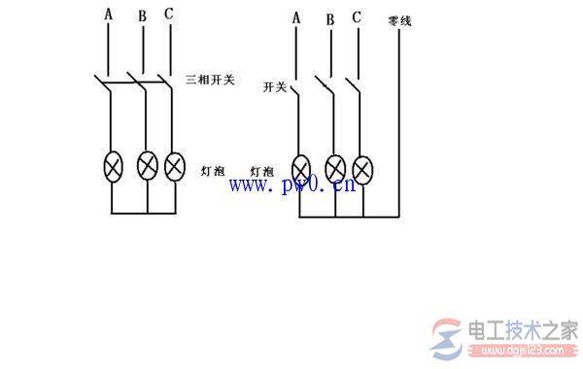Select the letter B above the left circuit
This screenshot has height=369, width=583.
click(x=144, y=17)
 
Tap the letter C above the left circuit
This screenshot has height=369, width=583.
click(x=170, y=17)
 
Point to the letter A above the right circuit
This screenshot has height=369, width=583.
click(x=295, y=17)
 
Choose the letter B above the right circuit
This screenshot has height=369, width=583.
click(x=330, y=18)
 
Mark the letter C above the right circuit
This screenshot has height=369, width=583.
click(x=358, y=17)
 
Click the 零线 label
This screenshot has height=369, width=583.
click(x=399, y=19)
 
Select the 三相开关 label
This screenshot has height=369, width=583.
click(x=209, y=77)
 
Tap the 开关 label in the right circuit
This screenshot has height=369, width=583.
click(x=274, y=87)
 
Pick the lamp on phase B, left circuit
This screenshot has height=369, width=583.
click(x=148, y=166)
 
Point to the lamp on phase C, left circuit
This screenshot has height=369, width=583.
click(x=174, y=166)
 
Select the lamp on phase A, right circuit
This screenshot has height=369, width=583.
click(x=300, y=170)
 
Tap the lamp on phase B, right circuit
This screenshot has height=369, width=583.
click(x=335, y=170)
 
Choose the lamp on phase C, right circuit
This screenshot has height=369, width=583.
click(x=362, y=170)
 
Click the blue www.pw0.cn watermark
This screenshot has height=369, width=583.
click(x=291, y=185)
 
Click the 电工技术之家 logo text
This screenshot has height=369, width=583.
click(x=525, y=329)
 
